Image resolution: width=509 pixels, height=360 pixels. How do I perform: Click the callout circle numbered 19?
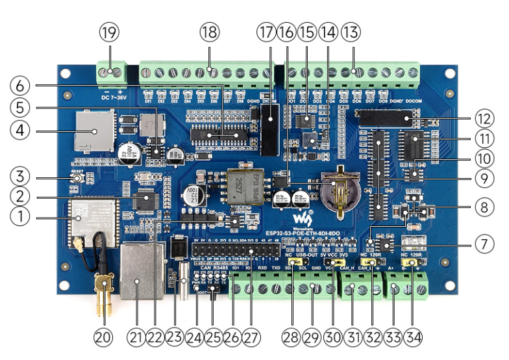tap(108, 32)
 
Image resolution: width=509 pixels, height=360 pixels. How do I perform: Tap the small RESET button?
tap(77, 178)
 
